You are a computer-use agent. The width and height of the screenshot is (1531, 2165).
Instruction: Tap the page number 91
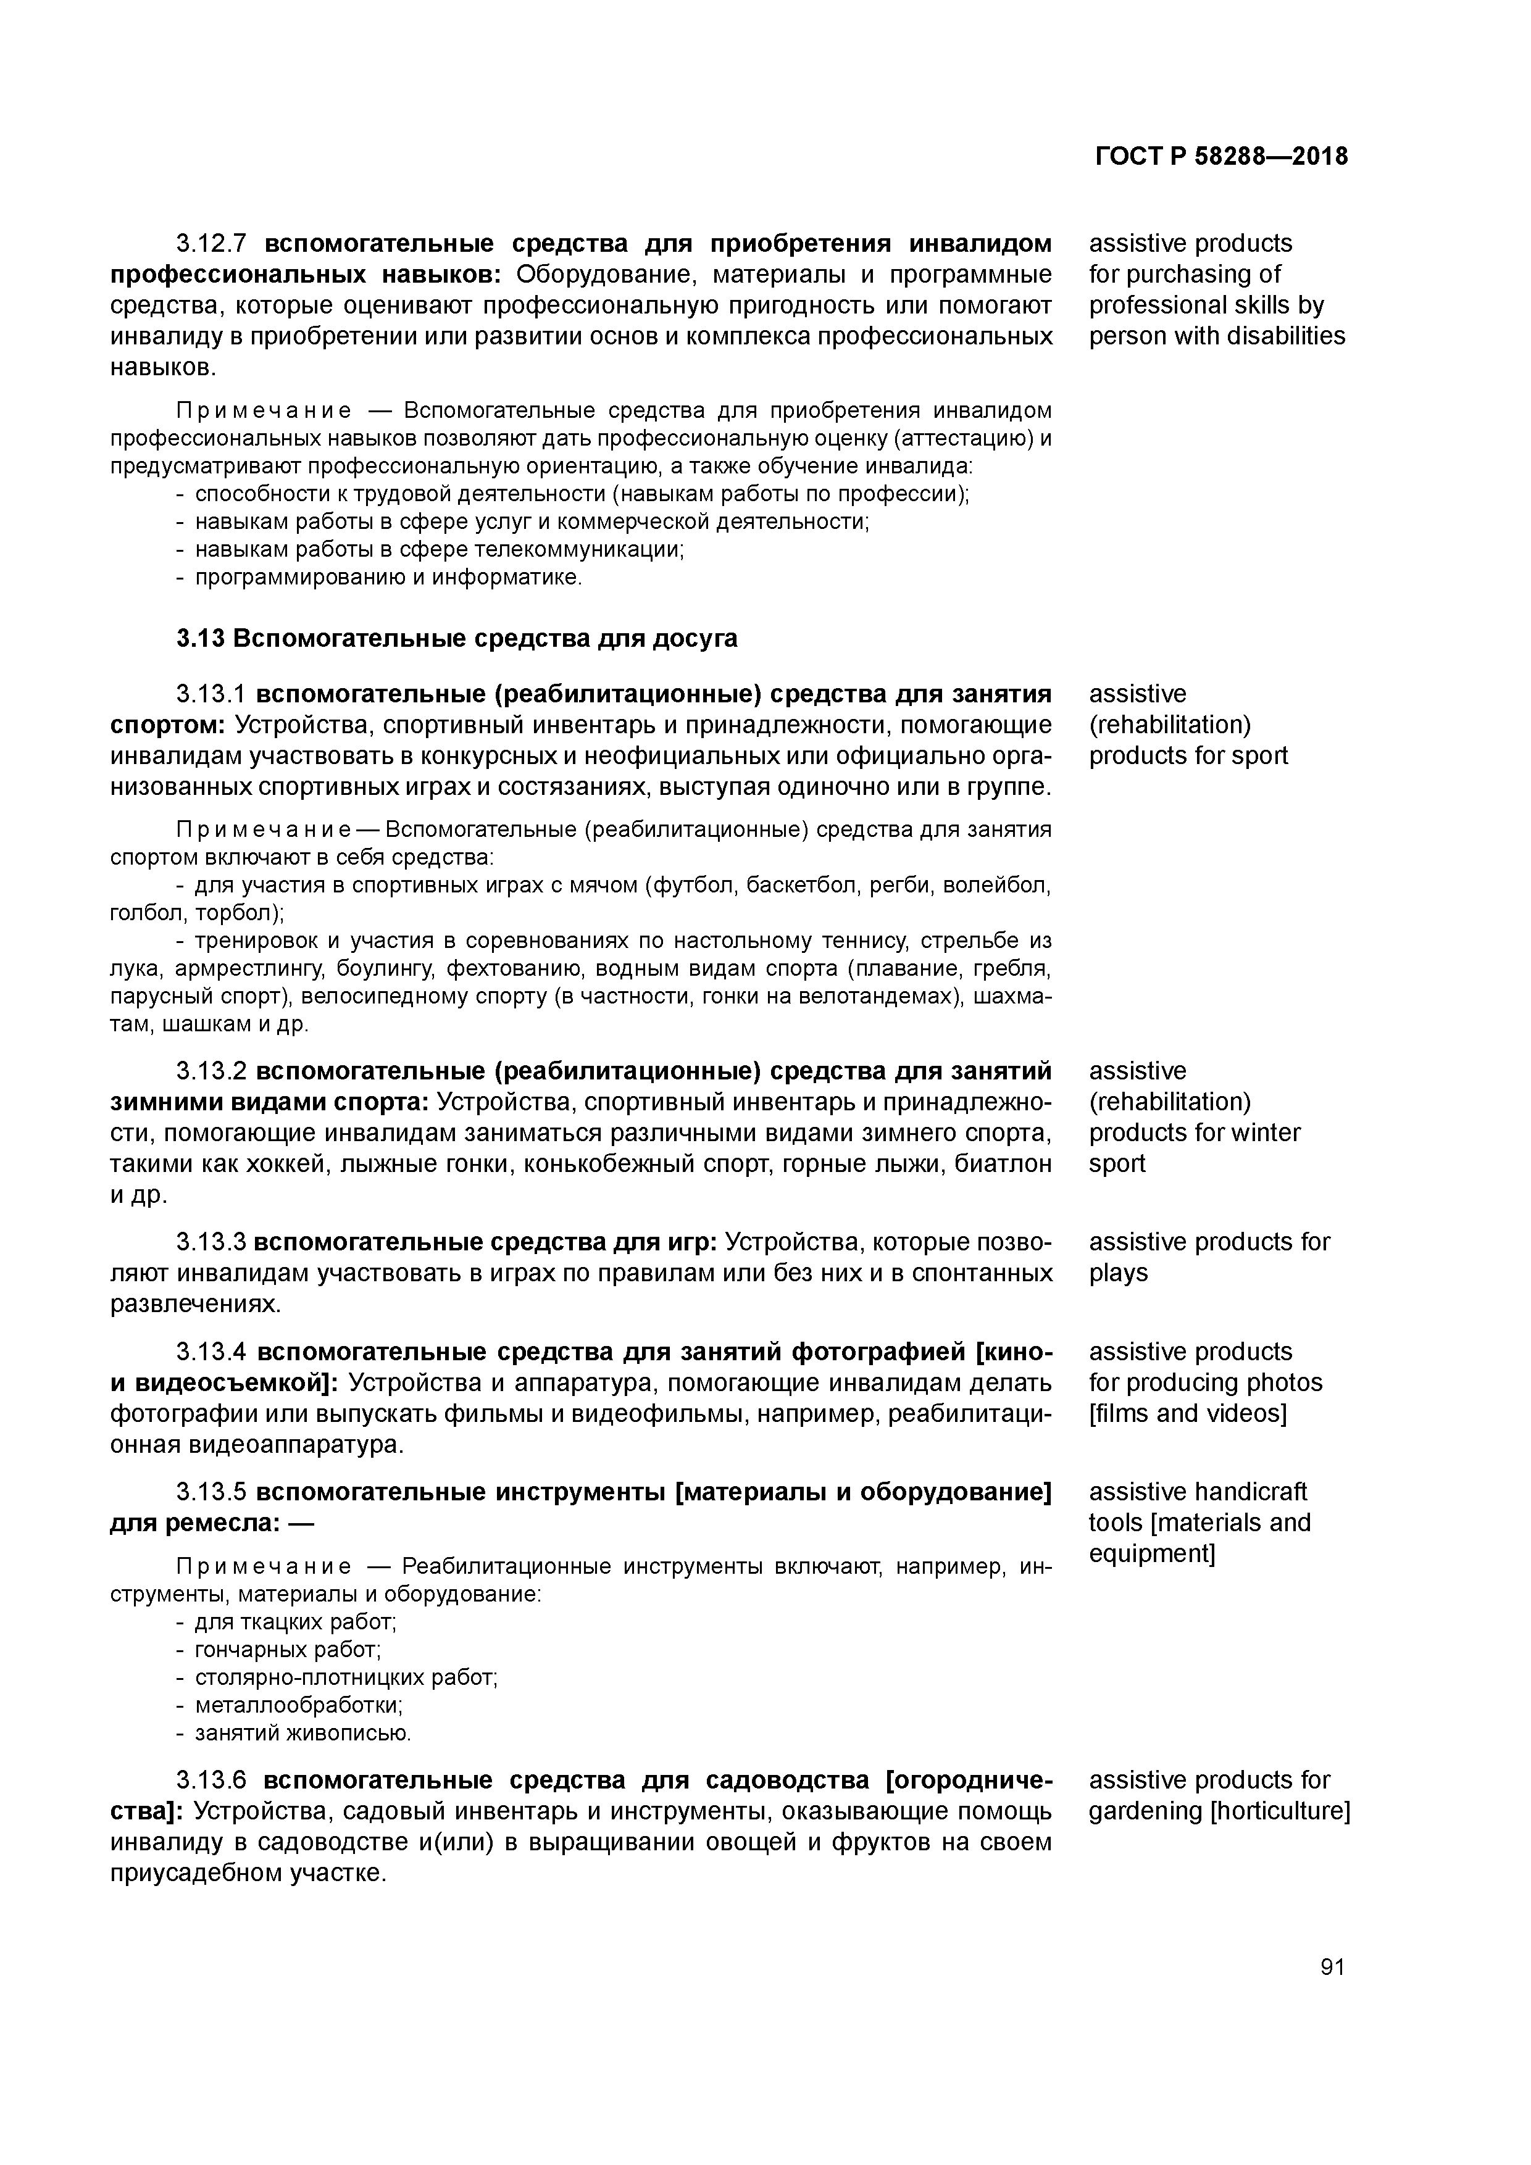[x=1332, y=1967]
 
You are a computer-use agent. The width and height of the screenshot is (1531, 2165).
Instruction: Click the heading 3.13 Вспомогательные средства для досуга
[x=457, y=639]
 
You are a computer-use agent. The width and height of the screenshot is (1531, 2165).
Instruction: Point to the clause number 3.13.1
[x=211, y=695]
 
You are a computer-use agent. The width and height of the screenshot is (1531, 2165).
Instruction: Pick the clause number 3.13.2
[x=211, y=1072]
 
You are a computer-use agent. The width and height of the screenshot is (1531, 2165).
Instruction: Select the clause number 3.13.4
[x=211, y=1352]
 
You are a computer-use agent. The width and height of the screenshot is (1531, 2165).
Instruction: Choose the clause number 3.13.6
[x=211, y=1781]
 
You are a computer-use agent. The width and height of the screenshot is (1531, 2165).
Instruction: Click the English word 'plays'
[x=1118, y=1274]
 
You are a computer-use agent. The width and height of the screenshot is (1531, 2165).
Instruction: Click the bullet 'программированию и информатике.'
[x=389, y=577]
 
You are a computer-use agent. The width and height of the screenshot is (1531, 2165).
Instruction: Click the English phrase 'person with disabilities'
[x=1217, y=336]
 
